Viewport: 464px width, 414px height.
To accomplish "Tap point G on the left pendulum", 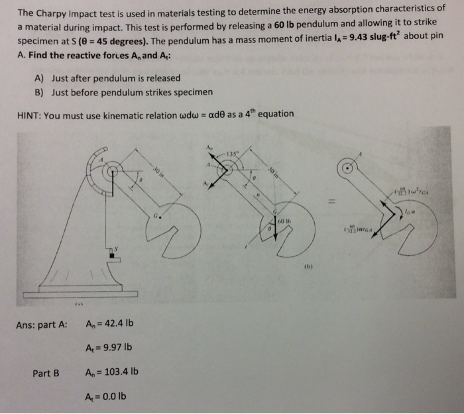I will pyautogui.click(x=157, y=216).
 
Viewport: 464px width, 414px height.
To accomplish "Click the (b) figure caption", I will pyautogui.click(x=306, y=269).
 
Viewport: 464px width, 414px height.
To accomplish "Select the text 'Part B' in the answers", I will pyautogui.click(x=46, y=373).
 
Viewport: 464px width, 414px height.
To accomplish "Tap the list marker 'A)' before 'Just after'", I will pyautogui.click(x=39, y=78).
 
